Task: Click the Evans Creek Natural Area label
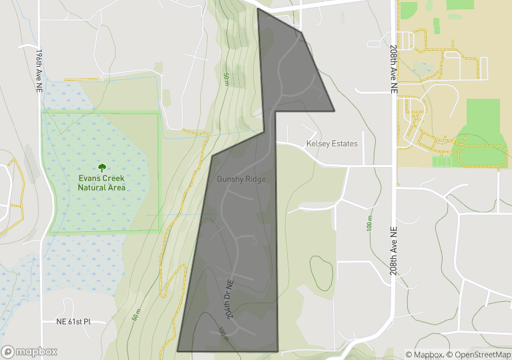pyautogui.click(x=101, y=183)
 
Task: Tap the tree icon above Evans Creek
pyautogui.click(x=101, y=168)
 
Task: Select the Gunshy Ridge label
pyautogui.click(x=242, y=179)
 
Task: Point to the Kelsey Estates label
pyautogui.click(x=332, y=144)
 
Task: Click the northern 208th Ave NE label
pyautogui.click(x=394, y=69)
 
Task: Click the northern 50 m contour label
pyautogui.click(x=226, y=79)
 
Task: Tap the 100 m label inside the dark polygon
pyautogui.click(x=223, y=333)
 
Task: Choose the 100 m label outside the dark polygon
pyautogui.click(x=369, y=224)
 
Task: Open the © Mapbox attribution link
pyautogui.click(x=424, y=355)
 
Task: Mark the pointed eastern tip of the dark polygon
pyautogui.click(x=334, y=110)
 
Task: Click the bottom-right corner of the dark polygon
pyautogui.click(x=277, y=351)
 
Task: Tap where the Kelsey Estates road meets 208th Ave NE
pyautogui.click(x=394, y=165)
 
